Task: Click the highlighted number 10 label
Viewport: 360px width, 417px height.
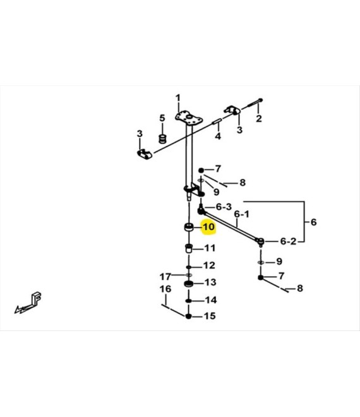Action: [208, 227]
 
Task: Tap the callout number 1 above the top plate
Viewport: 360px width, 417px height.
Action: [177, 98]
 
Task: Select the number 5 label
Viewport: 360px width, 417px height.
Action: [162, 118]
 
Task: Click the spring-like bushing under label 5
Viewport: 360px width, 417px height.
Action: [162, 139]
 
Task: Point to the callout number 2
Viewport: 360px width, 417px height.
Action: [259, 118]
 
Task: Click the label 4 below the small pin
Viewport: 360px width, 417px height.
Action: [218, 136]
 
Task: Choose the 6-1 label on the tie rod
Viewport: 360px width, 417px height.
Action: [242, 214]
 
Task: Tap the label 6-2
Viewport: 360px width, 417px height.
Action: [288, 241]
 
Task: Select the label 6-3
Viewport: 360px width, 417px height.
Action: [224, 207]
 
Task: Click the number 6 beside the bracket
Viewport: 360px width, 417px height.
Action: [314, 222]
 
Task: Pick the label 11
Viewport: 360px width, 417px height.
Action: [210, 248]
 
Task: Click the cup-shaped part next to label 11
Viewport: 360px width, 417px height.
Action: [189, 248]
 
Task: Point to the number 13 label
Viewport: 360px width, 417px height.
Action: [210, 282]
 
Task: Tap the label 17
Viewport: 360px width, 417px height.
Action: [165, 277]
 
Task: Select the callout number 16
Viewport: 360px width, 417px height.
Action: [165, 289]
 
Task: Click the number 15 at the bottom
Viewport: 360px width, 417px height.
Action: [210, 316]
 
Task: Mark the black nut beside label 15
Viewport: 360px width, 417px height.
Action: [188, 316]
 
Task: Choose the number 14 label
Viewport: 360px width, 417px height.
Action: [211, 300]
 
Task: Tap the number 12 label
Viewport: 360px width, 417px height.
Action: [209, 265]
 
